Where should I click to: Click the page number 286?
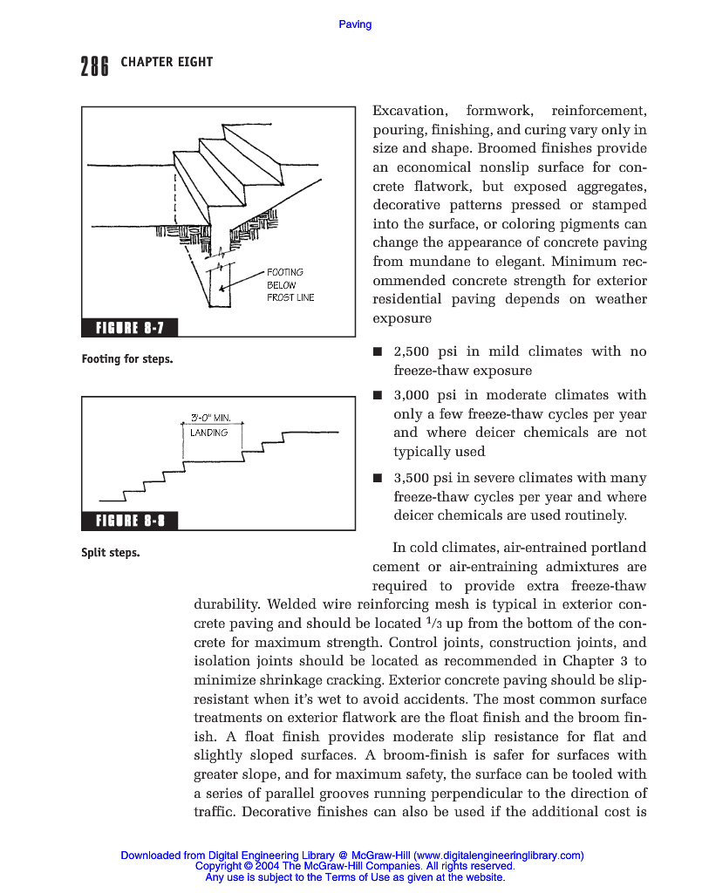pos(94,65)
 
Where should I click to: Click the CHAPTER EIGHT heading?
pos(167,62)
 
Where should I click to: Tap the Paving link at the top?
pos(355,24)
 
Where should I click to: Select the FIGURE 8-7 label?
pos(129,328)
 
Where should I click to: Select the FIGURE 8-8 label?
pos(129,521)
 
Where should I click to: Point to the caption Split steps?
pos(111,553)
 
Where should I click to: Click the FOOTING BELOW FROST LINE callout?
pos(290,285)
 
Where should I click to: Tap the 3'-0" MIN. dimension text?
pos(209,417)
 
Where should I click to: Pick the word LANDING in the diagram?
pos(209,433)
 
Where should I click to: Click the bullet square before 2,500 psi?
pos(378,352)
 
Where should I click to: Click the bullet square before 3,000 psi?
pos(378,396)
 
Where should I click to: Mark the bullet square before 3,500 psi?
pos(378,479)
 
